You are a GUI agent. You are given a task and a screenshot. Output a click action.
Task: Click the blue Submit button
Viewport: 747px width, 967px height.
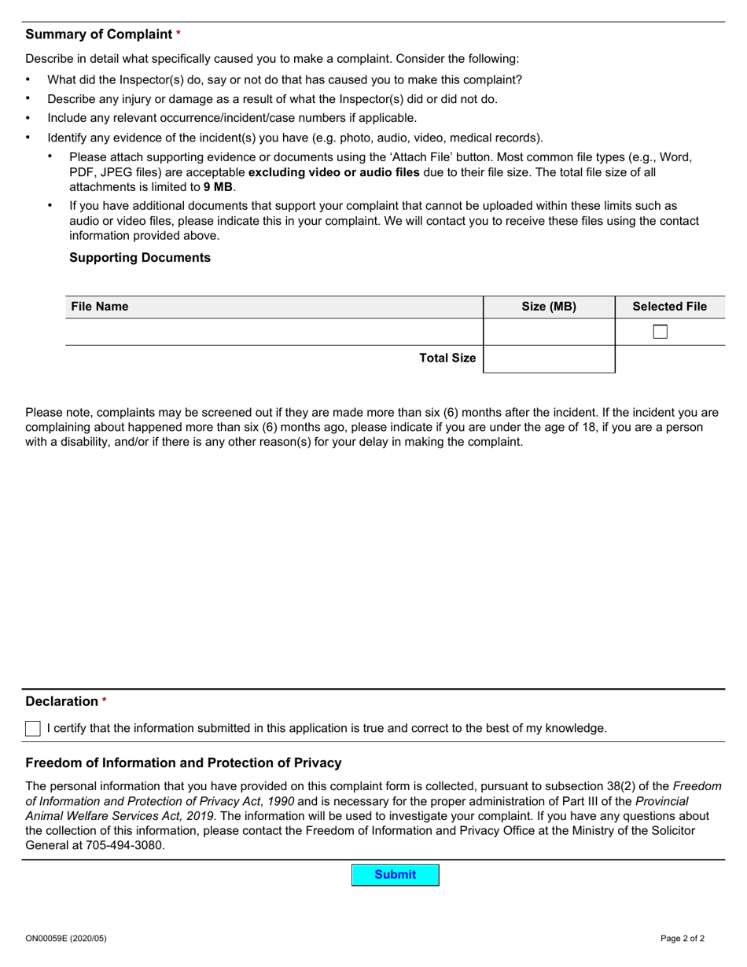395,874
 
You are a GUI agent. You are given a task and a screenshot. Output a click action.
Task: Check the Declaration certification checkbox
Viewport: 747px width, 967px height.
33,728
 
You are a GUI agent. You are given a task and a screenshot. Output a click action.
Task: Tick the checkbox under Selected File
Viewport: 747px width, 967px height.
661,332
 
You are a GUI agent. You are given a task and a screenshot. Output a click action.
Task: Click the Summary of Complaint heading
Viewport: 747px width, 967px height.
98,34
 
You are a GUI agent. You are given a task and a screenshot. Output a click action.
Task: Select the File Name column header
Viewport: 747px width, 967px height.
100,307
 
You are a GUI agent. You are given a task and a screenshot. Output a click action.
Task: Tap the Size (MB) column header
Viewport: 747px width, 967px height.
549,307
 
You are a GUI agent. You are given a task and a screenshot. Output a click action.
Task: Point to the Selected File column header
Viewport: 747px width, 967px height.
669,307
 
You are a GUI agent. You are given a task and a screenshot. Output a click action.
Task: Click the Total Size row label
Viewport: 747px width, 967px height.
447,358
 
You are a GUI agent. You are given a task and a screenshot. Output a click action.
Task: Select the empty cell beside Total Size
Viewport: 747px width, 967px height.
549,359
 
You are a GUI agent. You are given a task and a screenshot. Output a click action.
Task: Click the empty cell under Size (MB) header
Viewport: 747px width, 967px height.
549,332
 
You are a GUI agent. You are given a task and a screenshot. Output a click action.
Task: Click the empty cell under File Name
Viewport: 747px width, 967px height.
273,332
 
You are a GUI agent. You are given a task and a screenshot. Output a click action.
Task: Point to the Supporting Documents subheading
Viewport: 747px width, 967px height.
140,258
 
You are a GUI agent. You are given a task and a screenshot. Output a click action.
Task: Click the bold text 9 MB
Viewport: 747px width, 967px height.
218,187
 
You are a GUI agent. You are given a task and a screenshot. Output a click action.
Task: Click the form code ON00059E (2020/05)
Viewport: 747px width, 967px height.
66,938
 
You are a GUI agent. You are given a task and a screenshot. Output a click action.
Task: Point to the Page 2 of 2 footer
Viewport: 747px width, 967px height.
683,938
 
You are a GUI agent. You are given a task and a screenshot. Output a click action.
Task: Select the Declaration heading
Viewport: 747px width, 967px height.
61,700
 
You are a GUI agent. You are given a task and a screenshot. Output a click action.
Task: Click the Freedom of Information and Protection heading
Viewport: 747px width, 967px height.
183,763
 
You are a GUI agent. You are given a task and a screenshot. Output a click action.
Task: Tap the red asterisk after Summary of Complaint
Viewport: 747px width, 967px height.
178,35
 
